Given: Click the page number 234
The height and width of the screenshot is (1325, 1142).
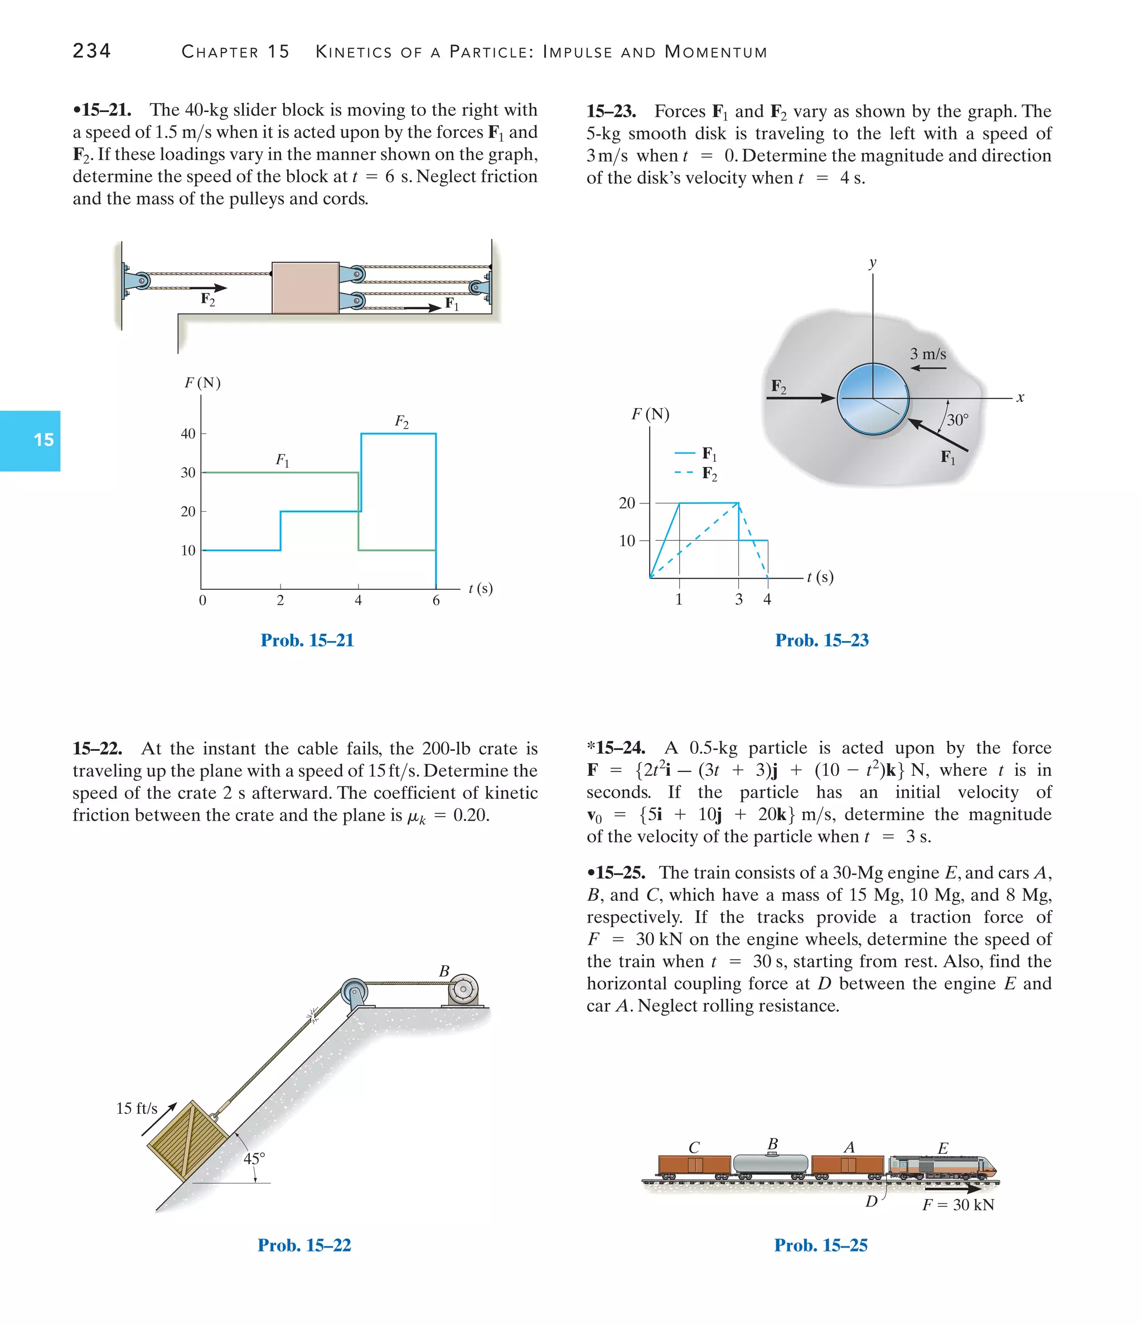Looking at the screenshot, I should coord(91,51).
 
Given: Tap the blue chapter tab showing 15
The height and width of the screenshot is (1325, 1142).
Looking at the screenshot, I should coord(30,440).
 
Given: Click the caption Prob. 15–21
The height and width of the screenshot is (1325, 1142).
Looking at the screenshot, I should coord(307,640).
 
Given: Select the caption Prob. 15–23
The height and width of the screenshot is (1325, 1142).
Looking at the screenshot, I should coord(821,640).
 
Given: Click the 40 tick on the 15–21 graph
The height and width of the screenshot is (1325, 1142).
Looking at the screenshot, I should coord(188,434).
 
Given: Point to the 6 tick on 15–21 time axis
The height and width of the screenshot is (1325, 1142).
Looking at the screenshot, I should coord(435,600).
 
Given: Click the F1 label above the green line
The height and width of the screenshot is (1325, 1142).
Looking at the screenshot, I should coord(282,460).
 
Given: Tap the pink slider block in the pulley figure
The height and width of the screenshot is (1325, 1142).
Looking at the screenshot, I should coord(305,288).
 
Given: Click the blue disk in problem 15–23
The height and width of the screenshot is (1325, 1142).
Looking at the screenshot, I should coord(873,399).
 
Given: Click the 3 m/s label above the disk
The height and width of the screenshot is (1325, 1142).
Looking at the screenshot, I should coord(928,353).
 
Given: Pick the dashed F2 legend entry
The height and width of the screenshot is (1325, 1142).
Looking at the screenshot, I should coord(696,474).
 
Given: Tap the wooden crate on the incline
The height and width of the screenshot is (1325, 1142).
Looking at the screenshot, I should coord(188,1140).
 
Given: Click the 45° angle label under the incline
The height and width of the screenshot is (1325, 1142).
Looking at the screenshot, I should coord(254,1158).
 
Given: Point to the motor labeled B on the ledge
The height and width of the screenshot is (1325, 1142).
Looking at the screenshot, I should coord(463,990).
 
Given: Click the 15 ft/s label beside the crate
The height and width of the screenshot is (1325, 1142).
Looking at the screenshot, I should coord(136,1108).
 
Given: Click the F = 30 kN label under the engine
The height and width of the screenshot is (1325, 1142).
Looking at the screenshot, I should coord(958,1205).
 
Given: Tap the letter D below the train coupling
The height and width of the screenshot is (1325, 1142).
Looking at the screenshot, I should coord(871,1202).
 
